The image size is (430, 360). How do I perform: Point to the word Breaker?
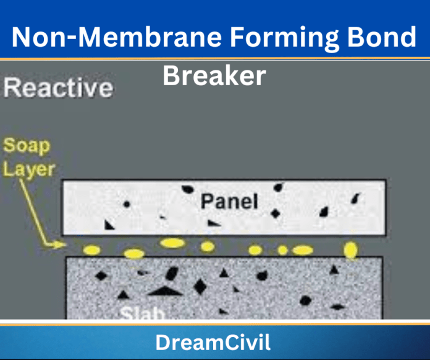click(214, 75)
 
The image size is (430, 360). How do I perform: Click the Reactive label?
click(58, 87)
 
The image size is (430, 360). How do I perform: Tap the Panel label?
click(229, 201)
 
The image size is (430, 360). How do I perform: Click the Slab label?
click(143, 313)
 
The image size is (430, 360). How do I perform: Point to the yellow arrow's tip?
click(65, 245)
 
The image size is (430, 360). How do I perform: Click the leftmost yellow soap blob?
click(92, 250)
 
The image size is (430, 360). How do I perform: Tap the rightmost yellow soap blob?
click(350, 250)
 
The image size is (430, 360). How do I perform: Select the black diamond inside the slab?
click(200, 286)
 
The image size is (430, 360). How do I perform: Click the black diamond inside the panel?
click(276, 213)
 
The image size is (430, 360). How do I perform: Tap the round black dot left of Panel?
click(127, 204)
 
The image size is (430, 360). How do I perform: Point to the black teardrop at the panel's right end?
click(355, 199)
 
